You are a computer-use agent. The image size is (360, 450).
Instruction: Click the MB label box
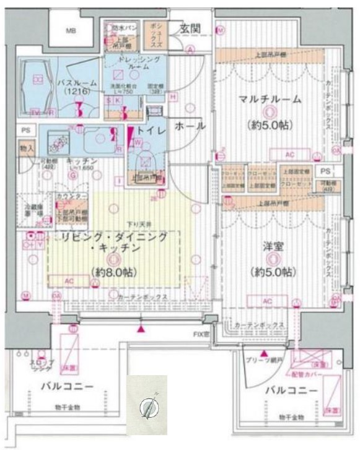click(72, 31)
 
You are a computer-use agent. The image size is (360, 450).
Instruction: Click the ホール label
click(190, 126)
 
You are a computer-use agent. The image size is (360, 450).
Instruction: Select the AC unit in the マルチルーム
click(289, 155)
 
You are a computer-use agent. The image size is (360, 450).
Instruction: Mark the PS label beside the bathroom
click(25, 131)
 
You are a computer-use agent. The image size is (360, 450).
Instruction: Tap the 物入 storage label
click(26, 149)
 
